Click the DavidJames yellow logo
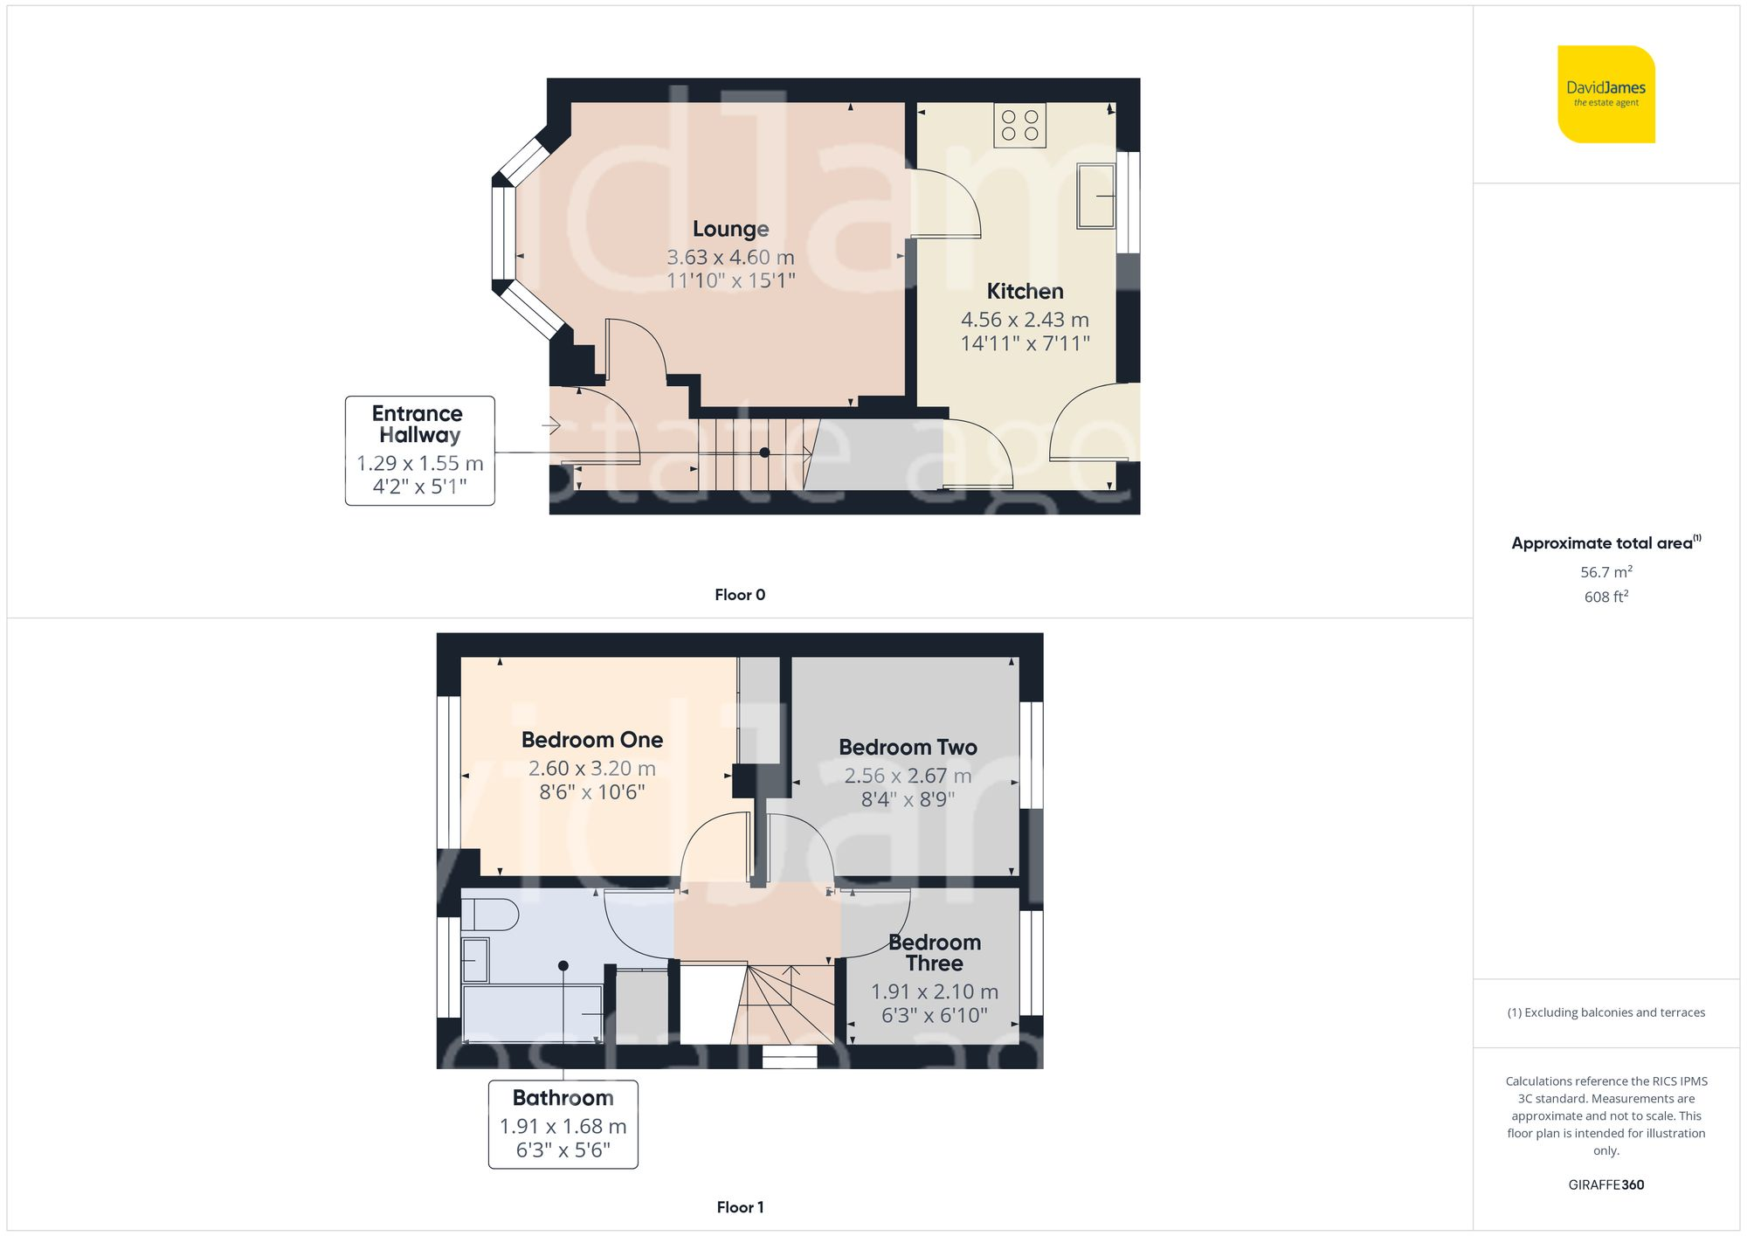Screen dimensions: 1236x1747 [x=1605, y=94]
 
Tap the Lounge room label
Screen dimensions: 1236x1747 [x=730, y=229]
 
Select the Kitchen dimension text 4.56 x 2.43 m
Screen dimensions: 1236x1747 [x=1025, y=320]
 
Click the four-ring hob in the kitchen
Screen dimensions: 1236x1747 [x=1019, y=125]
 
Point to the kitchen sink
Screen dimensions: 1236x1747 [x=1095, y=197]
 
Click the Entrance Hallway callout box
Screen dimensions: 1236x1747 [x=419, y=450]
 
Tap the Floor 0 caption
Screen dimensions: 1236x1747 [x=739, y=595]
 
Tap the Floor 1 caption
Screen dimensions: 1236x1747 [x=739, y=1207]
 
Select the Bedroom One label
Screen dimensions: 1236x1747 [x=591, y=740]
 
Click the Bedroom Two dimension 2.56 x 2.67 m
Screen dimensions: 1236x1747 [x=908, y=776]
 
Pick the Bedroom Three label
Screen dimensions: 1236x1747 [x=934, y=952]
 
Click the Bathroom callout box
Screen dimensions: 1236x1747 [x=563, y=1124]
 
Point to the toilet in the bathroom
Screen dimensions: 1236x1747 [x=489, y=915]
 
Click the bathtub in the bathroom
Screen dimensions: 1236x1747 [x=531, y=1013]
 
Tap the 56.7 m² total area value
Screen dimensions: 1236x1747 [x=1605, y=572]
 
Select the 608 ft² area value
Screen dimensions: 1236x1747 [x=1605, y=597]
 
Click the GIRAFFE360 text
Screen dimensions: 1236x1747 [x=1605, y=1185]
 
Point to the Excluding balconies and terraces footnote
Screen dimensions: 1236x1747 [x=1605, y=1012]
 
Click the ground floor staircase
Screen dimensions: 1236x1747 [x=751, y=454]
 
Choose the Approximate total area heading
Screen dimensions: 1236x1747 [x=1605, y=542]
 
